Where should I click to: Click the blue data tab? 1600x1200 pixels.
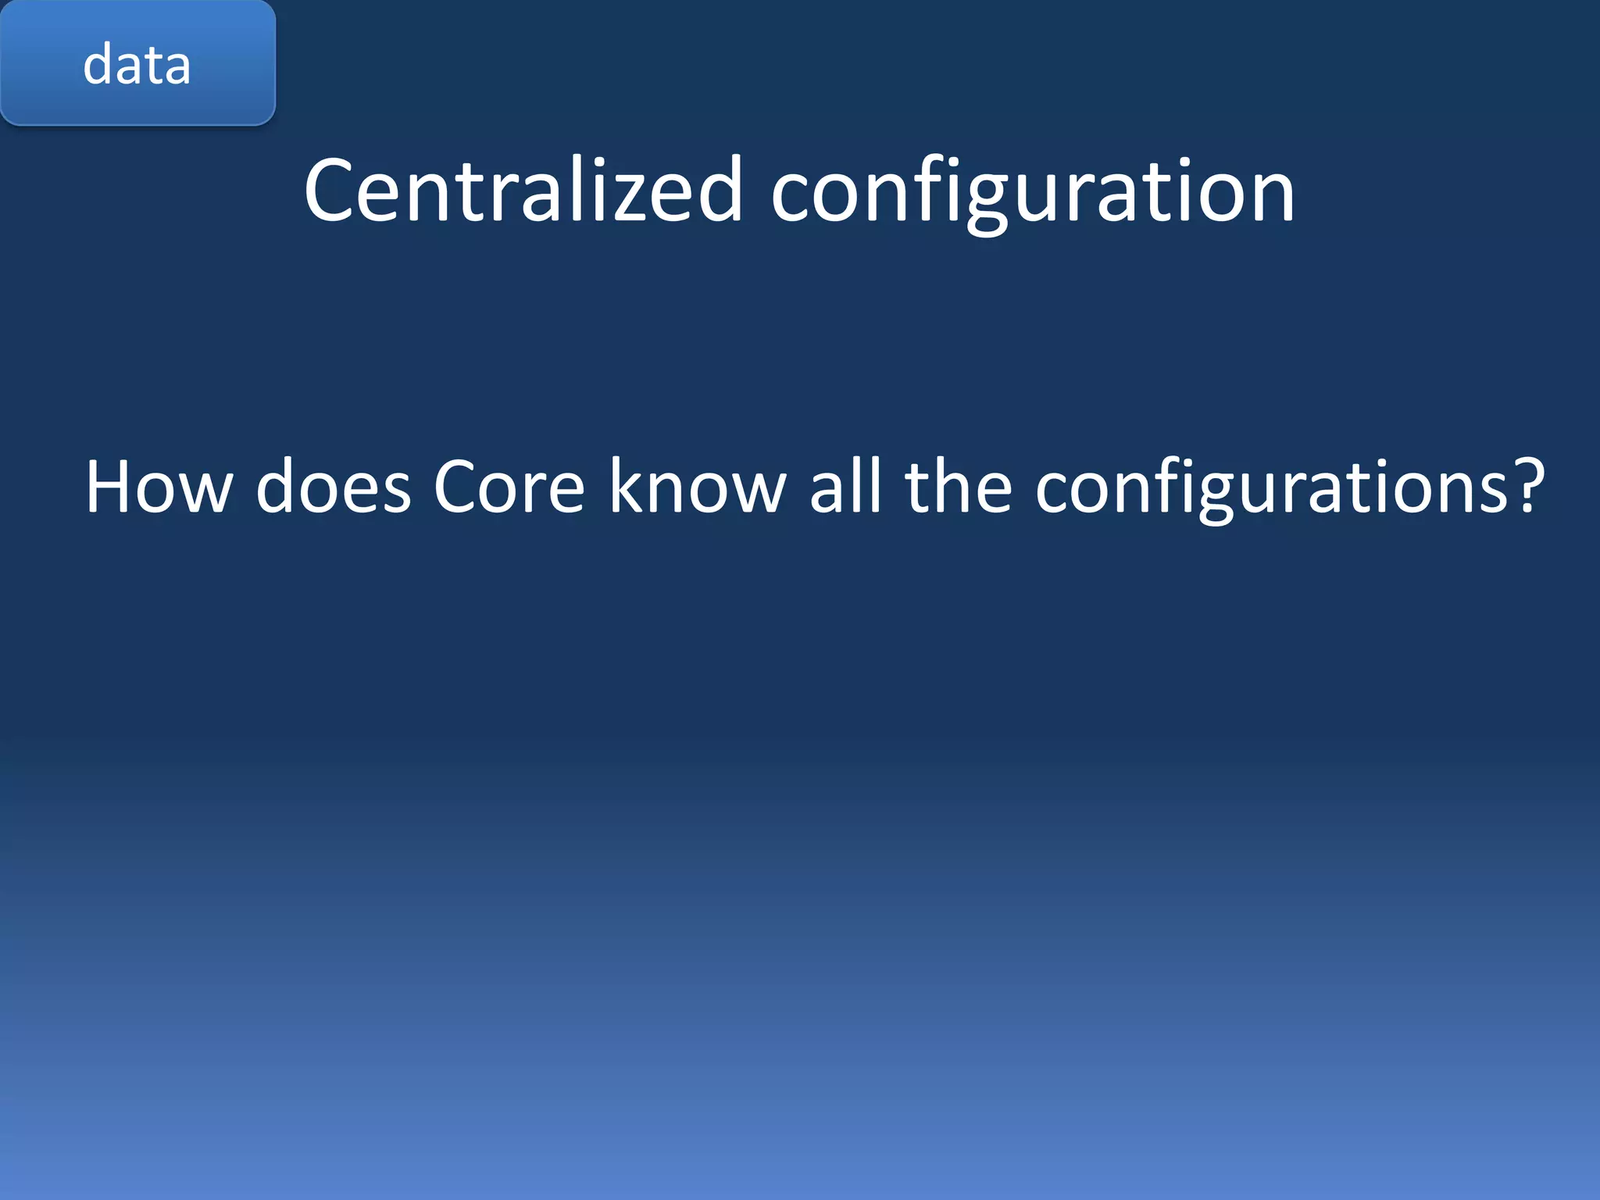pos(137,62)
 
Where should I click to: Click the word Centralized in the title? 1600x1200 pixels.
pos(522,191)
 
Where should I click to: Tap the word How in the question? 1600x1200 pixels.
pos(159,487)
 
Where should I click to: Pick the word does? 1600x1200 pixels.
pos(333,487)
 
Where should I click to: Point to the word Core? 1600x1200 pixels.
pos(509,487)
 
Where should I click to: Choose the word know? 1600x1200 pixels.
pos(698,487)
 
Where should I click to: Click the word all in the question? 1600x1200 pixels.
pos(845,487)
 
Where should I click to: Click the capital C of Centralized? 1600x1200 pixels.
pos(330,191)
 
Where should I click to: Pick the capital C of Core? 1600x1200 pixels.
pos(457,487)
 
